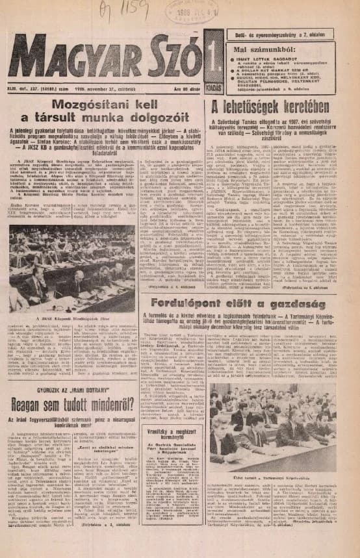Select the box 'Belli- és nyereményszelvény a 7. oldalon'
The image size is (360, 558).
click(x=282, y=34)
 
